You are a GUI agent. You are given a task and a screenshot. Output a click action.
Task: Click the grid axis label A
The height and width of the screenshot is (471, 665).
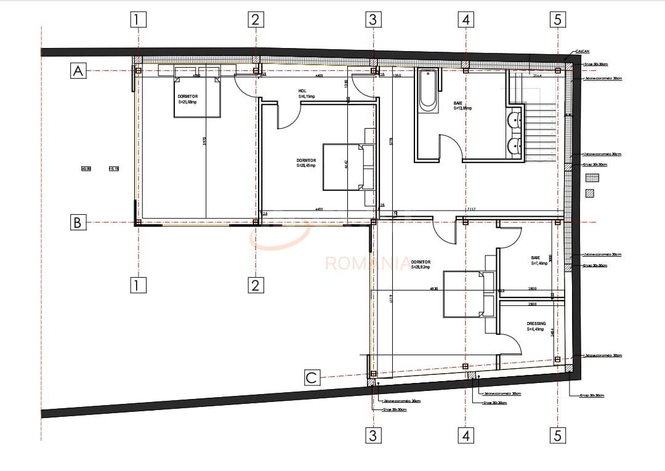point(78,71)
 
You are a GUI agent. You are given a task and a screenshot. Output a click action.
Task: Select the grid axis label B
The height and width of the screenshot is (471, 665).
point(78,222)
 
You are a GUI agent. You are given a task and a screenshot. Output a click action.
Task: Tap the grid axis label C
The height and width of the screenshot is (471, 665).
point(312,377)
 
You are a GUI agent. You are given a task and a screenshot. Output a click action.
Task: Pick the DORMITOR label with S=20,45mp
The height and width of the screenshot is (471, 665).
point(306,163)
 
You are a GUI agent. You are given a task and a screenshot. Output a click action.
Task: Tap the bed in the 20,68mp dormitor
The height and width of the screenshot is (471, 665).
point(197,95)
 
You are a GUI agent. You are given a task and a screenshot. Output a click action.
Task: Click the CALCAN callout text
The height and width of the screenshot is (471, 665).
point(584,52)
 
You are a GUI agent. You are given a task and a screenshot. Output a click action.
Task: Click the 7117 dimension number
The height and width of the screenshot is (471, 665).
point(471,210)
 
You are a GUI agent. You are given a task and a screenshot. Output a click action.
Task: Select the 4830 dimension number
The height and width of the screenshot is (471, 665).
point(433,289)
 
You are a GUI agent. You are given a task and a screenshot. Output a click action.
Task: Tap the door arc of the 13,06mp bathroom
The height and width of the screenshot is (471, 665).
point(451,148)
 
